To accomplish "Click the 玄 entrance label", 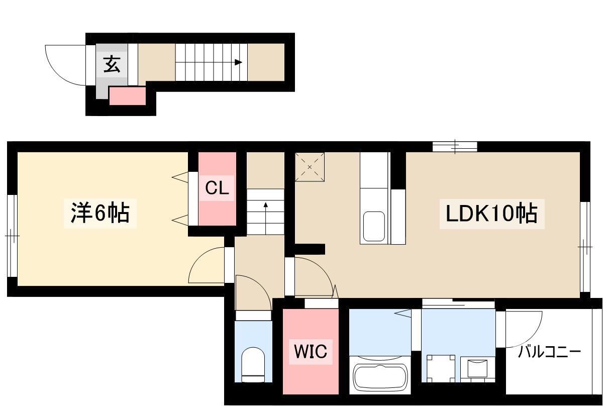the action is tap(112, 64).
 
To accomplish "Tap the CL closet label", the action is tap(217, 187).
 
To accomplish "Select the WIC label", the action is tap(311, 352).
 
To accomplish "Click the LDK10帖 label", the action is tap(491, 214).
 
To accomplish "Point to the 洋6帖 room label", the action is tap(100, 213).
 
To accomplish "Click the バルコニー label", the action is tap(550, 352).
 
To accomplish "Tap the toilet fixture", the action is tap(253, 365).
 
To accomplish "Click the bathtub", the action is tap(380, 376).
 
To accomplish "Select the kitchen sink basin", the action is tap(374, 226).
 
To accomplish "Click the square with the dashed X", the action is tap(310, 167).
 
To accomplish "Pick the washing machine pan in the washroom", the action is tap(441, 368).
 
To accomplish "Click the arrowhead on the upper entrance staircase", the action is tap(239, 62).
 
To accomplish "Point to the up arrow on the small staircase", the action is tap(265, 219).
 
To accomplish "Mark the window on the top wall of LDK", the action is tap(455, 147).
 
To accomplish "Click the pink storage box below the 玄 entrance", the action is tap(127, 96).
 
